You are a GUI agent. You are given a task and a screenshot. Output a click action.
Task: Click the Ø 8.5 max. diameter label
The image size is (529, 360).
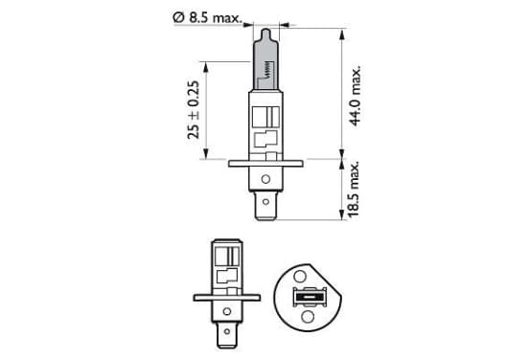[207, 17]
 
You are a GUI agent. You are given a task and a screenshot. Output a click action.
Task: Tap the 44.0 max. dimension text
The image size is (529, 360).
[355, 96]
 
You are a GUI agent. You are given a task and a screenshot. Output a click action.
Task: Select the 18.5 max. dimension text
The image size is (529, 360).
[354, 190]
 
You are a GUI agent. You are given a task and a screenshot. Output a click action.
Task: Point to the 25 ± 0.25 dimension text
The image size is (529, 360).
[194, 110]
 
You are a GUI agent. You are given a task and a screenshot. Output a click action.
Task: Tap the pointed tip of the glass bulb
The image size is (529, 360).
[265, 30]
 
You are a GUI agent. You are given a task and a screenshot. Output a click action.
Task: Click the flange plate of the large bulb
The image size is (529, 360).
[265, 164]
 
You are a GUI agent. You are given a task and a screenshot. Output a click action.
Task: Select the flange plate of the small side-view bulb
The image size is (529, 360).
[227, 298]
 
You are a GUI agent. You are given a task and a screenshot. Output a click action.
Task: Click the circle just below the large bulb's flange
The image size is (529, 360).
[265, 179]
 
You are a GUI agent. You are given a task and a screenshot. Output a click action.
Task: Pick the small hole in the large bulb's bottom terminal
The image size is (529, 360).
[265, 202]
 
